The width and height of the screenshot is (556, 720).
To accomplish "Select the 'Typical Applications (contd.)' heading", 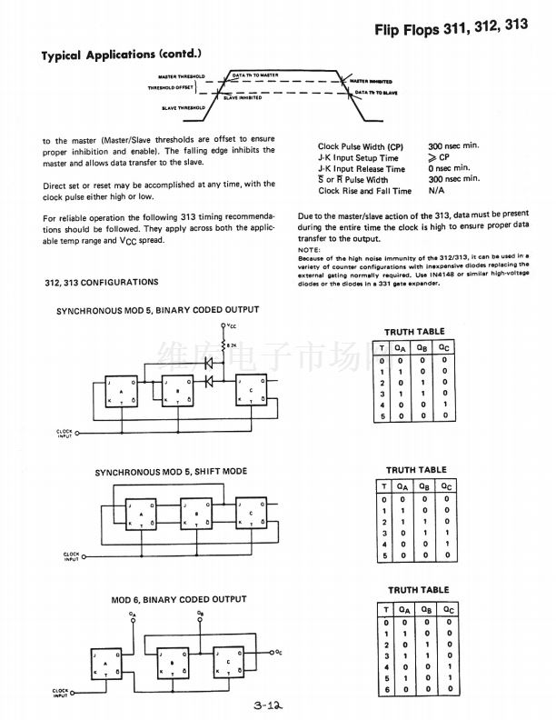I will coord(121,55).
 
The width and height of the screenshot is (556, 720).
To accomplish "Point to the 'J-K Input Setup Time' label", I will coord(358,157).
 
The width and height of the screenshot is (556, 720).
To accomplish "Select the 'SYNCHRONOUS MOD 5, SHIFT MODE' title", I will coord(171,472).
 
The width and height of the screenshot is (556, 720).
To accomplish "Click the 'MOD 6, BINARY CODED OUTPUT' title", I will coord(178,600).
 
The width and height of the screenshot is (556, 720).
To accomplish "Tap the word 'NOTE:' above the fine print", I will coord(309,250).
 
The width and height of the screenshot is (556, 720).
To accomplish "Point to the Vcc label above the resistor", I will coord(233,325).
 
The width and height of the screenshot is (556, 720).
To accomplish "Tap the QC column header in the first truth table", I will coord(442,347).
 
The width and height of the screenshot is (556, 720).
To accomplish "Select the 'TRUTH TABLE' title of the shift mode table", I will coord(416,470).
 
